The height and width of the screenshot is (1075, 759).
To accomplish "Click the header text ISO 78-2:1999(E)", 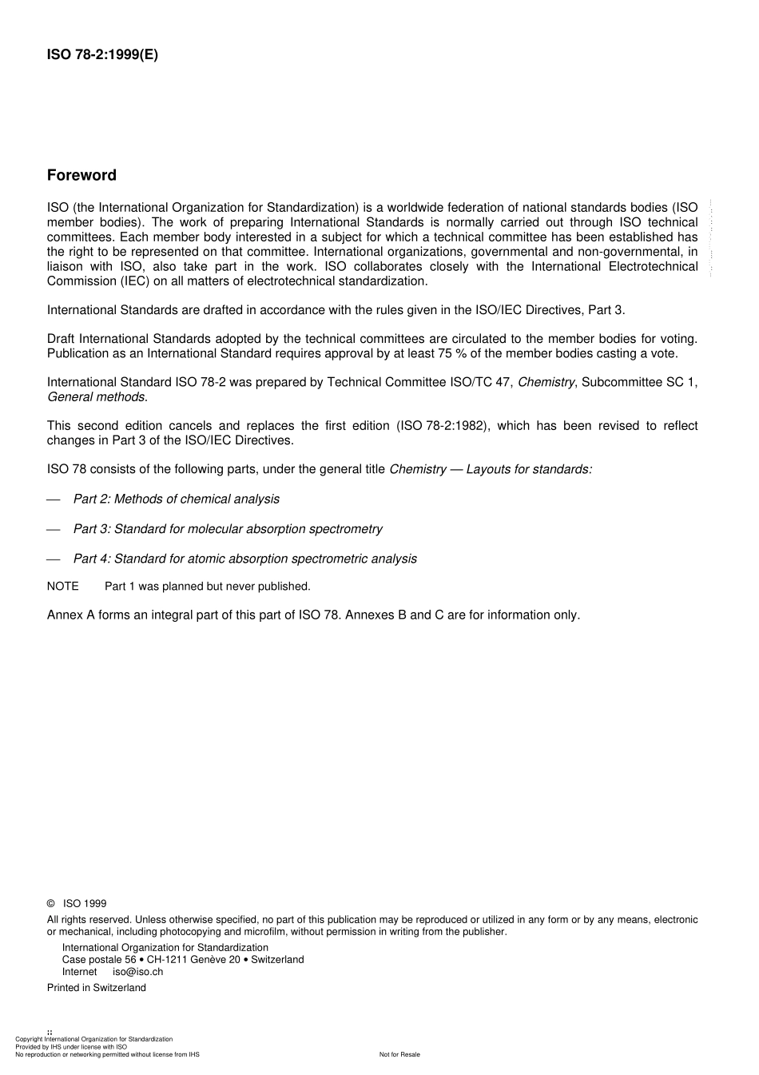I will (102, 55).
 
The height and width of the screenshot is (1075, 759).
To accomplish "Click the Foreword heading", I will (81, 175).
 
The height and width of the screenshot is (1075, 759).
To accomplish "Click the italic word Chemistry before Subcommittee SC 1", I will (546, 382).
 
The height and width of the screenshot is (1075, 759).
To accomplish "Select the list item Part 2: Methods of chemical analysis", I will (176, 499).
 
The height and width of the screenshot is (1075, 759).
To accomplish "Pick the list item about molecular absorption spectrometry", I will (228, 529).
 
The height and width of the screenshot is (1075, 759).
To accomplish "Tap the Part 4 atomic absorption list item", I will (244, 559).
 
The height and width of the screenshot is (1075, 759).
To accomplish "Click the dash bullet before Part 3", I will (54, 529).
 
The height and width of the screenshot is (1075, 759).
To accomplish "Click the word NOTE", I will (63, 587).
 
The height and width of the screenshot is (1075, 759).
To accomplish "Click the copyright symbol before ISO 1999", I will (51, 903).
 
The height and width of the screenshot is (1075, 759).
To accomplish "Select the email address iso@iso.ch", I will (137, 972).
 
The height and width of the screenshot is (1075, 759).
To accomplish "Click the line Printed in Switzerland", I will (97, 988).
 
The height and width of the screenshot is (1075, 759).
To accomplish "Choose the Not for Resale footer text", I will (399, 1054).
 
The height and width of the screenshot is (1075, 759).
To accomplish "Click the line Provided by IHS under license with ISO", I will (71, 1046).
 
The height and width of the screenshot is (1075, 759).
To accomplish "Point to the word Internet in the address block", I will (80, 972).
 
